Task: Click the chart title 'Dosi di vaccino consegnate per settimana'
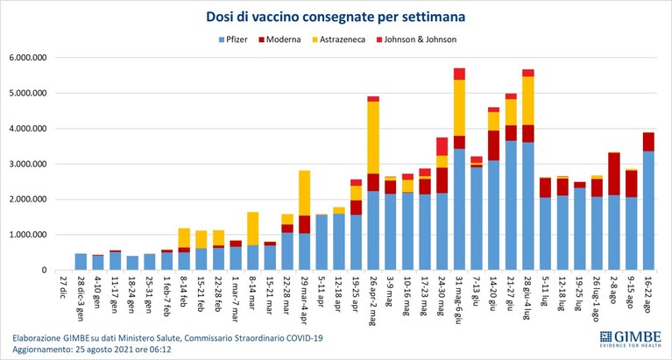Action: tap(336, 17)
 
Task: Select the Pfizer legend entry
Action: tap(233, 40)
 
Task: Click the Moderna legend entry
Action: tap(279, 40)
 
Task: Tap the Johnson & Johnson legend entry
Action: tap(416, 40)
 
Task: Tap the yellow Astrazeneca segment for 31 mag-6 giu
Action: tap(459, 108)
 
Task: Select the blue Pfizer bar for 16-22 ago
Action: tap(648, 210)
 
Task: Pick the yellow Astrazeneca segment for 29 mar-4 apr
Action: tap(305, 193)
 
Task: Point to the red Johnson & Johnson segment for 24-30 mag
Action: tap(442, 146)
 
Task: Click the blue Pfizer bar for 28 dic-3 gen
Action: tap(81, 262)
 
